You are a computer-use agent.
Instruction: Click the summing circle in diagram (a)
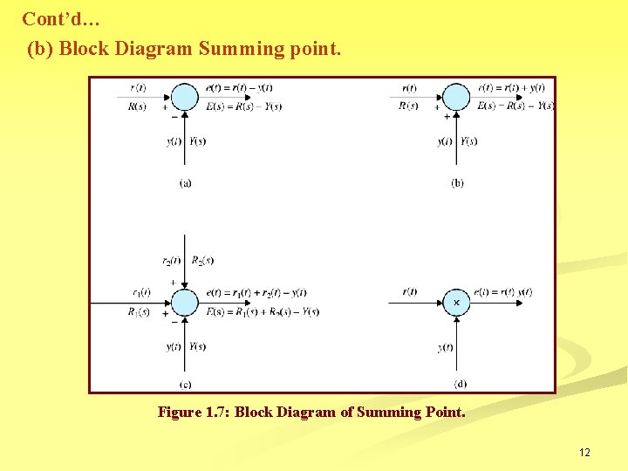(185, 96)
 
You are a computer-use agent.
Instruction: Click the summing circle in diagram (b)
(457, 96)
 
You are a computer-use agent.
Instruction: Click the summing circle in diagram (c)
(185, 303)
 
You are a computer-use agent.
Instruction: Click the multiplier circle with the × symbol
(456, 302)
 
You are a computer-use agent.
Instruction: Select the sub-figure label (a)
(186, 182)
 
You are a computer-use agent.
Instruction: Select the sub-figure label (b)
(458, 182)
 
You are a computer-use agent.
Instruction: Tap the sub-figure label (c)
(186, 384)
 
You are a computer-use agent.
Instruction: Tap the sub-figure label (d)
(460, 384)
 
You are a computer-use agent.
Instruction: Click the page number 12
(584, 452)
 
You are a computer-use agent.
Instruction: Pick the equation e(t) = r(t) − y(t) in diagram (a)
(239, 87)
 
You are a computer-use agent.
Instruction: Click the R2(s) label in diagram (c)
(202, 260)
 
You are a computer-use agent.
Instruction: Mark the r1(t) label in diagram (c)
(141, 292)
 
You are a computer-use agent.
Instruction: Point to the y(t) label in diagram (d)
(446, 347)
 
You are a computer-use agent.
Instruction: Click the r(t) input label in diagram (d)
(410, 292)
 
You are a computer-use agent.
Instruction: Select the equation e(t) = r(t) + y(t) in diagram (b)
(512, 87)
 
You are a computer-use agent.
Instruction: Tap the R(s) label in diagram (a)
(138, 106)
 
